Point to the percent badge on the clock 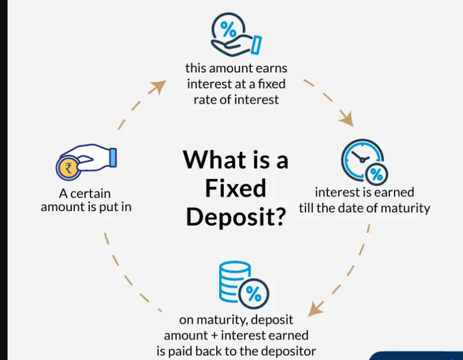click(x=377, y=173)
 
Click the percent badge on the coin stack click(x=253, y=293)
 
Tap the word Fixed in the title click(x=235, y=188)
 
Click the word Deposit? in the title click(x=236, y=216)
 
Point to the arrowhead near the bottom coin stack click(x=315, y=308)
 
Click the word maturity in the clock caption click(x=408, y=208)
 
